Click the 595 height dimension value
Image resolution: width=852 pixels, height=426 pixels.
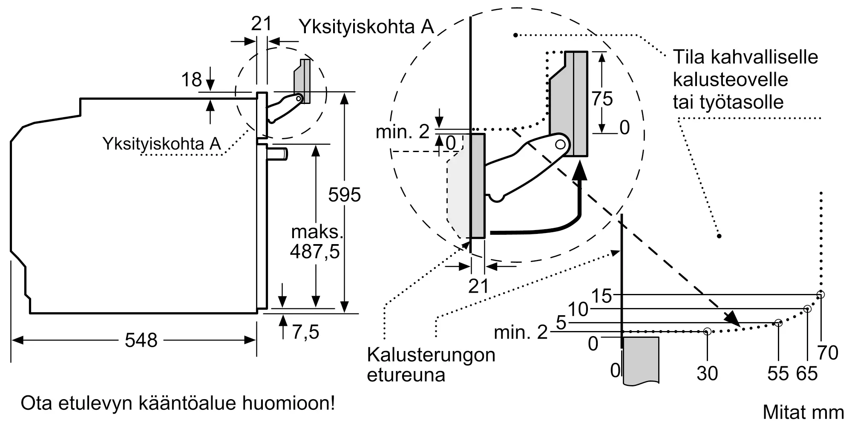click(344, 195)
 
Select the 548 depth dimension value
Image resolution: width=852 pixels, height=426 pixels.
click(141, 340)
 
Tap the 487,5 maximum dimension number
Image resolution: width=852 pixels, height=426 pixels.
click(315, 251)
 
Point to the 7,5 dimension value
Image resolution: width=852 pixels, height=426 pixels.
click(305, 332)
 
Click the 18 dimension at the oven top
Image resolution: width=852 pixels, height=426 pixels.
click(191, 80)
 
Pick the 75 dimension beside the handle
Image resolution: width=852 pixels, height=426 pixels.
click(602, 99)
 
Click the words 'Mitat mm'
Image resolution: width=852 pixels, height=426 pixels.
click(803, 412)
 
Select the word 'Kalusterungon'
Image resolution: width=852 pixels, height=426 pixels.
click(431, 355)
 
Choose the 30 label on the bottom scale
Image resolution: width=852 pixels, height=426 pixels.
click(707, 374)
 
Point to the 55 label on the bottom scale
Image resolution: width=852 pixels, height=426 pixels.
click(778, 374)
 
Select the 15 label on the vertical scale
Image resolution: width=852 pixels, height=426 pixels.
click(602, 296)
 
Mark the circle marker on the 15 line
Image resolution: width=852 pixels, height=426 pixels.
click(820, 294)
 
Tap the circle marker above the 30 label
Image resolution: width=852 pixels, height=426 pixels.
click(707, 331)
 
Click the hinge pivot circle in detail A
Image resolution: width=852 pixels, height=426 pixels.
click(561, 144)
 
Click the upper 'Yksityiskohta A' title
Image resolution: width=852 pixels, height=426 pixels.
click(366, 27)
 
